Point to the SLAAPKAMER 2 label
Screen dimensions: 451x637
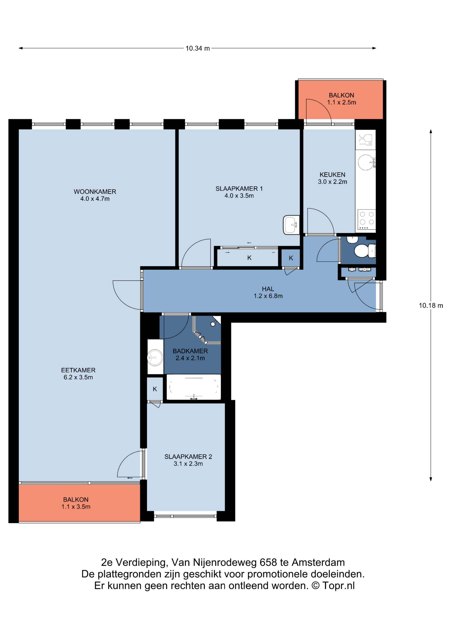188,457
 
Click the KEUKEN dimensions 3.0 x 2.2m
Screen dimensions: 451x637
332,182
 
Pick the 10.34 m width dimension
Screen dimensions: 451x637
198,48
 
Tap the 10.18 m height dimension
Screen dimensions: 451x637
431,305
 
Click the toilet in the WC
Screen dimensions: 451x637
365,251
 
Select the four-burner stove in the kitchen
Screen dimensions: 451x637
366,220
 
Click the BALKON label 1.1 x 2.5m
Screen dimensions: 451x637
341,99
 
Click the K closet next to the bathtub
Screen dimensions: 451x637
155,389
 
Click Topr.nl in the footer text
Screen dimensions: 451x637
338,586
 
